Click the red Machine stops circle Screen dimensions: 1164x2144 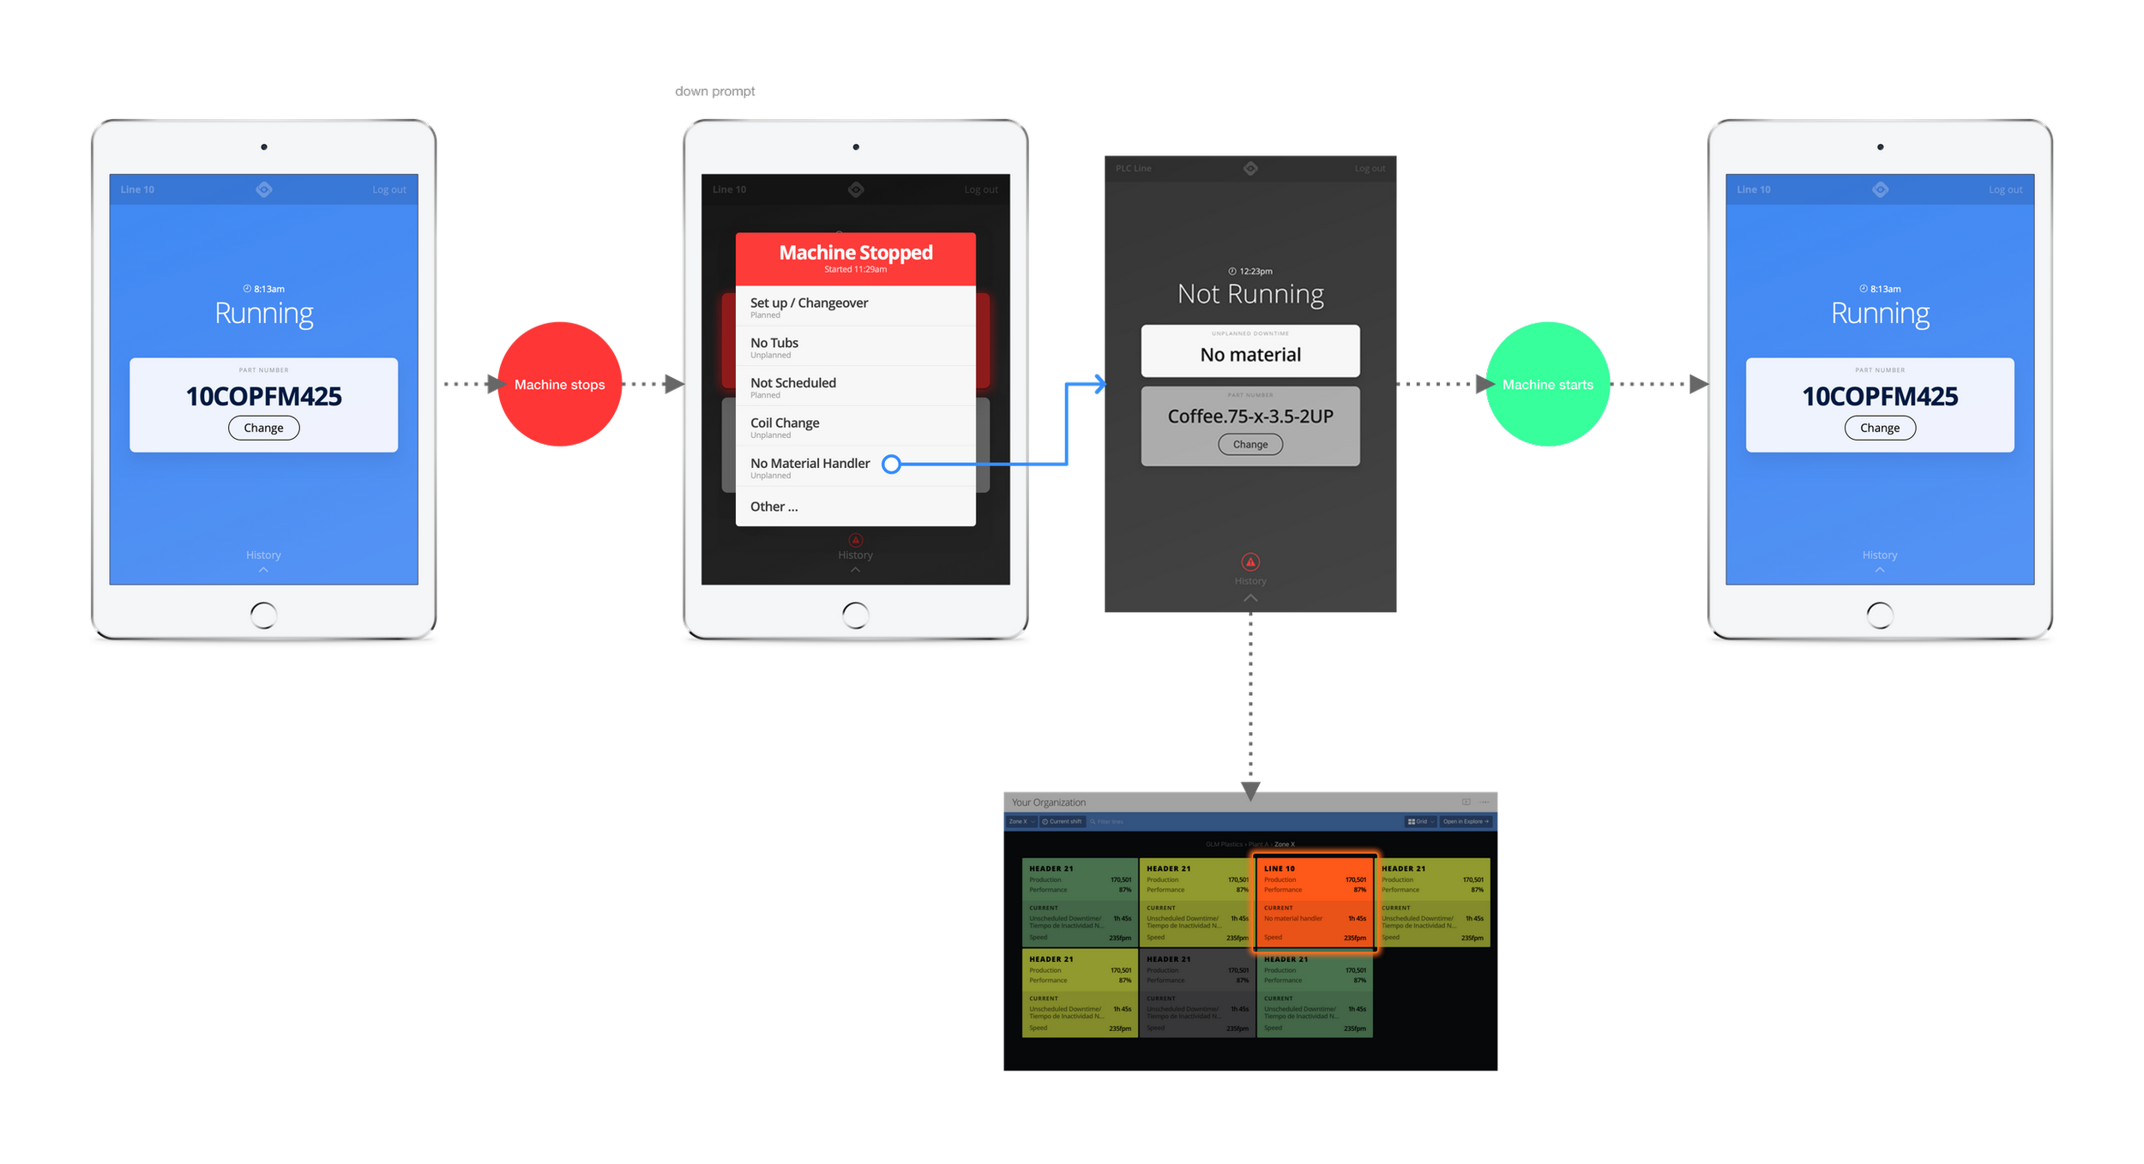tap(559, 384)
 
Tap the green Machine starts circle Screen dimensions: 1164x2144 tap(1547, 384)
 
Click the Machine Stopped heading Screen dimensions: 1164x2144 tap(855, 253)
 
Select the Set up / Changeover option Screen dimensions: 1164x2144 tap(809, 303)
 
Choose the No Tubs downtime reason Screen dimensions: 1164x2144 tap(774, 344)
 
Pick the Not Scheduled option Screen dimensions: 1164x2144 tap(792, 383)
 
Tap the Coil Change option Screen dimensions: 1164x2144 tap(785, 423)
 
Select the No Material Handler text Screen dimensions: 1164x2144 tap(810, 464)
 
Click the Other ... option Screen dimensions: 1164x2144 tap(774, 507)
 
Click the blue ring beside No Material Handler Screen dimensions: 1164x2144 tap(891, 465)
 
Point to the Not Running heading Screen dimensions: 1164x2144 tap(1250, 294)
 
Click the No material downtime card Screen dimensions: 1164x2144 tap(1250, 351)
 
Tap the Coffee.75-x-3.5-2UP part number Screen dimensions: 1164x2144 tap(1250, 417)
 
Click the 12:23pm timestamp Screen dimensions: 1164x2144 tap(1255, 272)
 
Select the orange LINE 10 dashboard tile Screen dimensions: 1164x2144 tap(1315, 903)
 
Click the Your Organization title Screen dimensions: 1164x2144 tap(1048, 802)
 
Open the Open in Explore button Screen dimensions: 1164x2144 tap(1465, 821)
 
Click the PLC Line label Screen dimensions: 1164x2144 tap(1133, 169)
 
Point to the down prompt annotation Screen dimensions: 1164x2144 tap(714, 92)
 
